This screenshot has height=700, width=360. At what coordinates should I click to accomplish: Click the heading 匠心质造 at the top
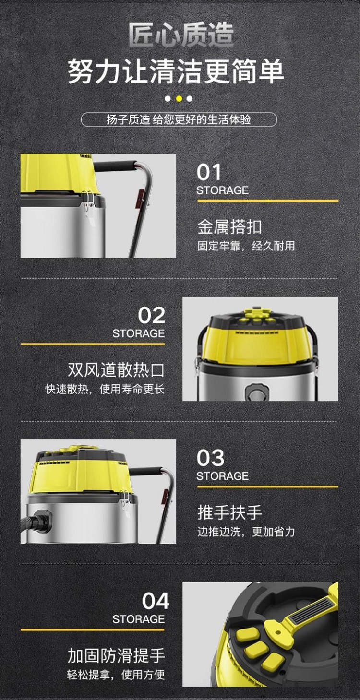[181, 35]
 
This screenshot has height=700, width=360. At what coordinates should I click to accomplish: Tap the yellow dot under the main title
[179, 99]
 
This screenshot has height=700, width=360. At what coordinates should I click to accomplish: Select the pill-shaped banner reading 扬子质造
[179, 119]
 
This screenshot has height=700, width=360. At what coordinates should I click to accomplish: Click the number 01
[209, 172]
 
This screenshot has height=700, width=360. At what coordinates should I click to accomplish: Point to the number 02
[151, 315]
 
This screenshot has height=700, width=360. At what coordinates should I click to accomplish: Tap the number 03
[210, 458]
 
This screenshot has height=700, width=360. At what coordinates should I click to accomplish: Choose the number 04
[156, 601]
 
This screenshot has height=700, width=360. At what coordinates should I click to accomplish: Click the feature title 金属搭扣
[229, 226]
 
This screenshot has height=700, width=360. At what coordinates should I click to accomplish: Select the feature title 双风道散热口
[116, 370]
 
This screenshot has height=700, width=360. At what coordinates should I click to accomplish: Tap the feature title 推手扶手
[229, 512]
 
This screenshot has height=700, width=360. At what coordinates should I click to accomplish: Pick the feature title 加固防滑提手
[116, 655]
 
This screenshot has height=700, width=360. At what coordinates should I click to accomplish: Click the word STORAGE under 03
[222, 476]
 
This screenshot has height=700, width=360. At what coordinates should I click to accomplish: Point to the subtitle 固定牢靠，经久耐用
[246, 246]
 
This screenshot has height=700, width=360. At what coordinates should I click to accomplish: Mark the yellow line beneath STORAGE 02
[93, 344]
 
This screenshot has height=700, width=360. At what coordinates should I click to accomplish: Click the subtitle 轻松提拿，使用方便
[116, 675]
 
